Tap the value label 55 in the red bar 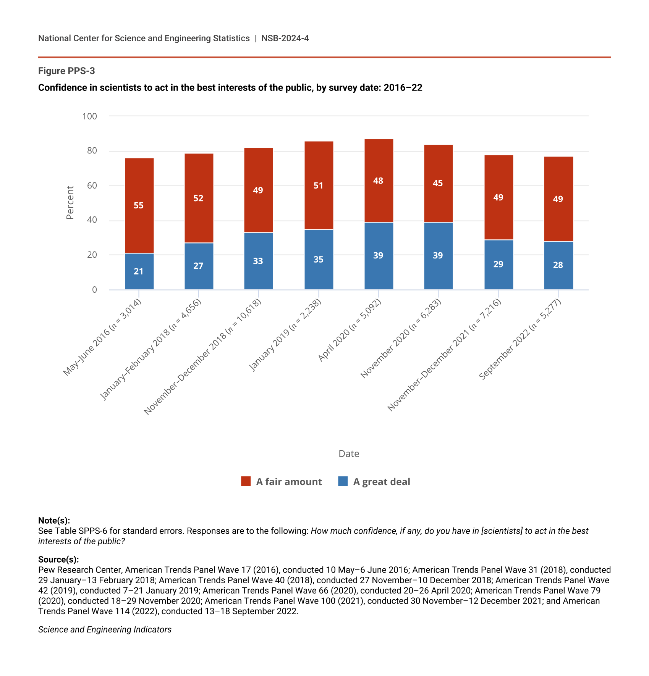click(x=139, y=205)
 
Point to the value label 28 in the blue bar click(x=558, y=265)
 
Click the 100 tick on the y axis click(x=90, y=116)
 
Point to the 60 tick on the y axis click(x=92, y=186)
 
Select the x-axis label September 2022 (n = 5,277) click(x=520, y=339)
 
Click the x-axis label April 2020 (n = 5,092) click(x=350, y=330)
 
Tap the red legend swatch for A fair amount click(x=246, y=481)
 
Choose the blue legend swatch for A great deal click(x=343, y=481)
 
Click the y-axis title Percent click(x=70, y=203)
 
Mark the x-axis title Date click(x=349, y=453)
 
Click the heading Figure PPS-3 click(x=66, y=71)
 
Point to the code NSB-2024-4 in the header click(x=285, y=38)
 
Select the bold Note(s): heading click(x=54, y=521)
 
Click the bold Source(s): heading click(x=58, y=560)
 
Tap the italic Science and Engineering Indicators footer click(x=105, y=629)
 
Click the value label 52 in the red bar click(x=198, y=198)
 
